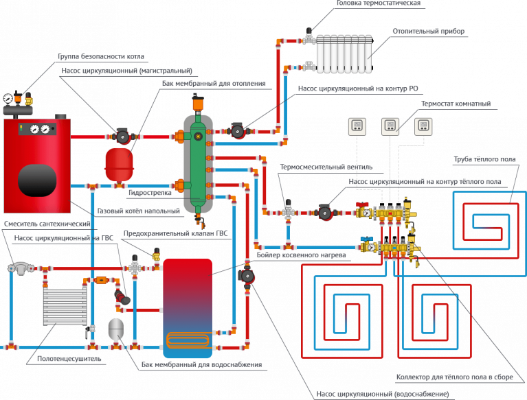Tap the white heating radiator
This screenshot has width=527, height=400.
(x=344, y=54)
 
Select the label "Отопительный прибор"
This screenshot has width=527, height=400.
(x=428, y=31)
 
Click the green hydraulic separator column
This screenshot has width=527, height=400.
(x=198, y=165)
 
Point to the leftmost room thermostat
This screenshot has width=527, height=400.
(x=357, y=126)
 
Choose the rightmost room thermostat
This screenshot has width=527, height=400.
(x=423, y=126)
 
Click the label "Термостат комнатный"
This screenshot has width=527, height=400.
(x=456, y=104)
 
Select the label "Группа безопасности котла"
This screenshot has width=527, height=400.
(x=100, y=56)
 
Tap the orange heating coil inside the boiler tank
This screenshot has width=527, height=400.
(x=188, y=339)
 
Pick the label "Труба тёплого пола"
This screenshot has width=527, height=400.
(x=484, y=160)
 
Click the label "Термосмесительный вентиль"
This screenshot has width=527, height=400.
(x=326, y=167)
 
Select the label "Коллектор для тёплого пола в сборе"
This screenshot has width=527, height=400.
(x=454, y=377)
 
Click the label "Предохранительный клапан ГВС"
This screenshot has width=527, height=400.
(x=175, y=233)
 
